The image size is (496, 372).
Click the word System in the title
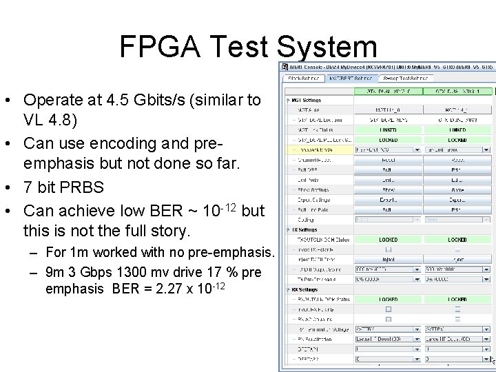point(328,47)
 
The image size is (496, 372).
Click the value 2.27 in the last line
point(183,289)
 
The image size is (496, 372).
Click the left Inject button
point(388,260)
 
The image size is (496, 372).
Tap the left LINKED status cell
point(388,130)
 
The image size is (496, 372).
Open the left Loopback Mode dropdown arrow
point(417,149)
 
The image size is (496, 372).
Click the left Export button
point(388,200)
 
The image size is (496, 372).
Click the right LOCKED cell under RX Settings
point(457,300)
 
